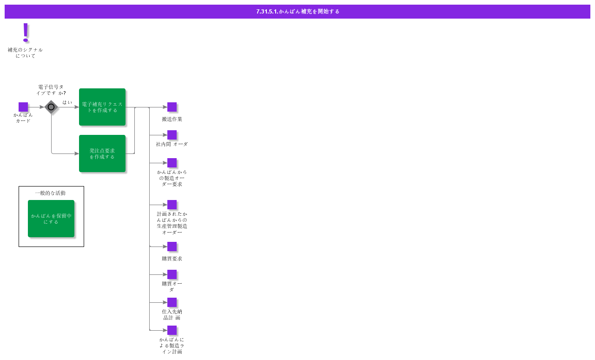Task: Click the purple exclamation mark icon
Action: (26, 33)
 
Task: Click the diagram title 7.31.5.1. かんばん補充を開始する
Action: (297, 12)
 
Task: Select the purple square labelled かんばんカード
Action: (23, 107)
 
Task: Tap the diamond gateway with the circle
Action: (51, 107)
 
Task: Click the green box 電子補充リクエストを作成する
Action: (102, 107)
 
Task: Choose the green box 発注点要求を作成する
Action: (102, 153)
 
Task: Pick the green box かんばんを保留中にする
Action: (51, 219)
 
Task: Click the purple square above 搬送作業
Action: (172, 107)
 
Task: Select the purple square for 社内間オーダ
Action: (172, 135)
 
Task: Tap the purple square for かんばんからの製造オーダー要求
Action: (172, 163)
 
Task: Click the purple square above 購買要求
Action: (172, 247)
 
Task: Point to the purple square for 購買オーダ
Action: (172, 274)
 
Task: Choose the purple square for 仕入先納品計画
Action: (172, 302)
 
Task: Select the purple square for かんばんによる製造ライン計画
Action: (172, 330)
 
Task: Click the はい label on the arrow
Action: (67, 102)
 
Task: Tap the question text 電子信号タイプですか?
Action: (51, 90)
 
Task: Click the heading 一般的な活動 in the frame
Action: (50, 193)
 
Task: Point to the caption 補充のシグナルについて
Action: (25, 53)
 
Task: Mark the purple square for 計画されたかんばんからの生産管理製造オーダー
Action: (172, 205)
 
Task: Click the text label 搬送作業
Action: (172, 119)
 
